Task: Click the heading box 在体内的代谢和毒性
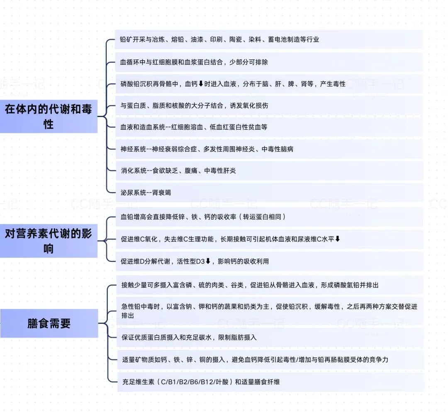(x=49, y=116)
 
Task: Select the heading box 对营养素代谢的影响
(x=49, y=241)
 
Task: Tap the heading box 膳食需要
(x=49, y=323)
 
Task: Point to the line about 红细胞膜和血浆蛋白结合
(x=194, y=62)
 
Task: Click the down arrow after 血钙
(x=201, y=84)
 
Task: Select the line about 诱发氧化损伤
(x=194, y=105)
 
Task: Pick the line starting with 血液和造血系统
(x=194, y=127)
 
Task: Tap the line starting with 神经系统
(x=207, y=149)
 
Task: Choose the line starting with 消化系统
(x=178, y=171)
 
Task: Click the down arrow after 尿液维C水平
(x=338, y=239)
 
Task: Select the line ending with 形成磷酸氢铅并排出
(x=250, y=285)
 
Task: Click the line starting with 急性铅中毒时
(x=269, y=311)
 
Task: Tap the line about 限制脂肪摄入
(x=189, y=337)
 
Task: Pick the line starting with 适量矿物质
(x=255, y=360)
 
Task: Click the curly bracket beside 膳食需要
(x=104, y=323)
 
